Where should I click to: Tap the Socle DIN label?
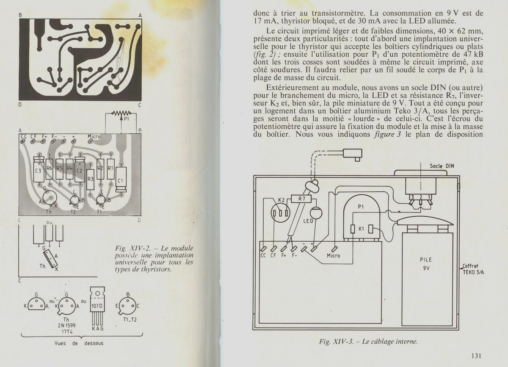[x=442, y=166]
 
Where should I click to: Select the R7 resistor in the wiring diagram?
[x=302, y=198]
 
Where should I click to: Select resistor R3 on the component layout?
[x=90, y=179]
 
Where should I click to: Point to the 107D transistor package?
[x=97, y=305]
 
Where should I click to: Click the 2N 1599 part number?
[x=66, y=326]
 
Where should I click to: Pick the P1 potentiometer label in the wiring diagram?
[x=361, y=207]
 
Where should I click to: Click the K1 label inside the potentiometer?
[x=361, y=229]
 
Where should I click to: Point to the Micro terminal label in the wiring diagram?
[x=333, y=255]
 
